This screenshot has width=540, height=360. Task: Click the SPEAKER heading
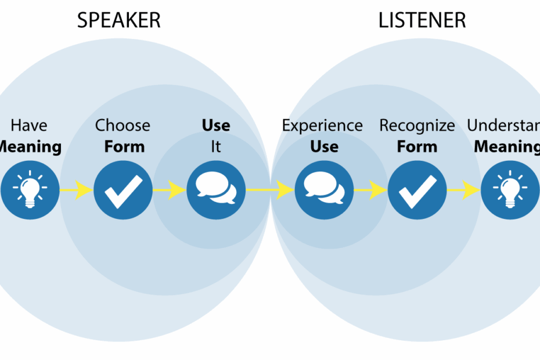click(x=118, y=20)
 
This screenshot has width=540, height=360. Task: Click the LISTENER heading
click(x=422, y=20)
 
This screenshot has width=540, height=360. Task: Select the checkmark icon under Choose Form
click(x=123, y=189)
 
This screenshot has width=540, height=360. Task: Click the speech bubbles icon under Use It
click(x=216, y=189)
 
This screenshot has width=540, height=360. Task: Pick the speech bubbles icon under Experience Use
click(x=324, y=189)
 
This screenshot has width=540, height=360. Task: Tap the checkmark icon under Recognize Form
click(x=417, y=189)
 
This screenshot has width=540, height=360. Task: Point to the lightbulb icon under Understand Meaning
click(x=510, y=189)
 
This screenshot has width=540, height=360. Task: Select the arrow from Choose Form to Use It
click(x=170, y=189)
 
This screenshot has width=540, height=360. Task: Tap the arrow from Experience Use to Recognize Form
click(x=370, y=189)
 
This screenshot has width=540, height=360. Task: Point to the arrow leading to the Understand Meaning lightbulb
click(x=463, y=189)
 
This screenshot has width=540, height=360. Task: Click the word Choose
click(x=123, y=125)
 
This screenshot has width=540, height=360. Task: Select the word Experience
click(x=322, y=125)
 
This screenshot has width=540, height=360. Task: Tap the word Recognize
click(x=417, y=125)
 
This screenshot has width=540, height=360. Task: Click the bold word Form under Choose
click(x=124, y=146)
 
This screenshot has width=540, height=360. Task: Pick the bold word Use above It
click(x=216, y=125)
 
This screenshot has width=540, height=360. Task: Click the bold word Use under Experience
click(x=324, y=146)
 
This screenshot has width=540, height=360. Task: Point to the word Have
click(x=29, y=125)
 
